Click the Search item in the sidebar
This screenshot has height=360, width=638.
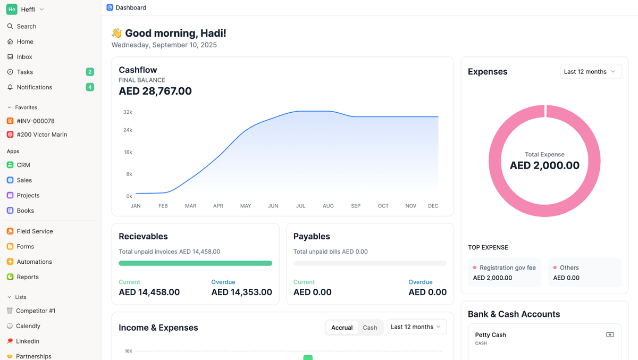pyautogui.click(x=26, y=26)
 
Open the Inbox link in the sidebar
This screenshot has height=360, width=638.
pyautogui.click(x=24, y=57)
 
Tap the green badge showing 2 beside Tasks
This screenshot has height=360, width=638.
pyautogui.click(x=90, y=72)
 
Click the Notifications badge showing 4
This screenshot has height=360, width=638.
pyautogui.click(x=90, y=87)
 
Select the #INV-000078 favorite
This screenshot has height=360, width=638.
pyautogui.click(x=35, y=121)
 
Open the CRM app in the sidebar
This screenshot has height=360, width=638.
pyautogui.click(x=23, y=165)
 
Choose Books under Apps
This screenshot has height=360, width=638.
pyautogui.click(x=25, y=211)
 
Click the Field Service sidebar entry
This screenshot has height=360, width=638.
pyautogui.click(x=35, y=231)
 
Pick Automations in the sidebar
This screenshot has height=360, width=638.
pyautogui.click(x=34, y=262)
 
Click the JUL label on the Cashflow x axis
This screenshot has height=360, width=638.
pyautogui.click(x=301, y=206)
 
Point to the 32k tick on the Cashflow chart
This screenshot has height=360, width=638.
pyautogui.click(x=128, y=112)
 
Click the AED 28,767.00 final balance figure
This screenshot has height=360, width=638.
pyautogui.click(x=155, y=91)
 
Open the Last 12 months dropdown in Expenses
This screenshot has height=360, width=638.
pyautogui.click(x=591, y=72)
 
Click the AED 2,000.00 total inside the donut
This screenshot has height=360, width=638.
pyautogui.click(x=544, y=165)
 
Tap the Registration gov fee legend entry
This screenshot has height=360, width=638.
pyautogui.click(x=507, y=268)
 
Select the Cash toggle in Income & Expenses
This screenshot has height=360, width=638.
pyautogui.click(x=370, y=328)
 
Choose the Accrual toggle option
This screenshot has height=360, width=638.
pyautogui.click(x=342, y=328)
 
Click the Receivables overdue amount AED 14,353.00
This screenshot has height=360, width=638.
pyautogui.click(x=241, y=292)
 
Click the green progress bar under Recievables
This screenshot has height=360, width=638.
pyautogui.click(x=195, y=263)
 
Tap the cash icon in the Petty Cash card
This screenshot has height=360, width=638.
pyautogui.click(x=610, y=335)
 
